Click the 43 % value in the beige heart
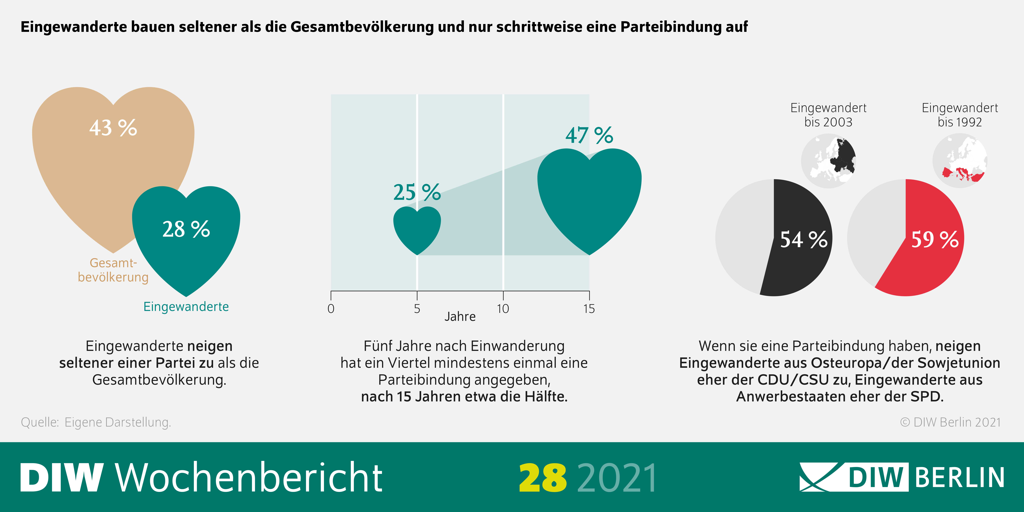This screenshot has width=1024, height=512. [x=113, y=128]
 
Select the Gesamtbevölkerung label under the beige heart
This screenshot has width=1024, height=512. [x=113, y=270]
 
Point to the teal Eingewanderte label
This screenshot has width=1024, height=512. [x=186, y=306]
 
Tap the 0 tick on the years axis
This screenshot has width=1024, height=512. [x=331, y=309]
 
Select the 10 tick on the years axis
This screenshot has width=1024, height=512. [x=503, y=309]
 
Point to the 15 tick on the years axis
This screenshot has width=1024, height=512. [x=589, y=309]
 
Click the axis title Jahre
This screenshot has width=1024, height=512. [x=460, y=317]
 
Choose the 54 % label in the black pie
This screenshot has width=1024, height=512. [x=804, y=240]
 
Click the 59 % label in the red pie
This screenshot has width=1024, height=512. [x=935, y=240]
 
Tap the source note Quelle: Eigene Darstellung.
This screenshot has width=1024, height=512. [x=96, y=422]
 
